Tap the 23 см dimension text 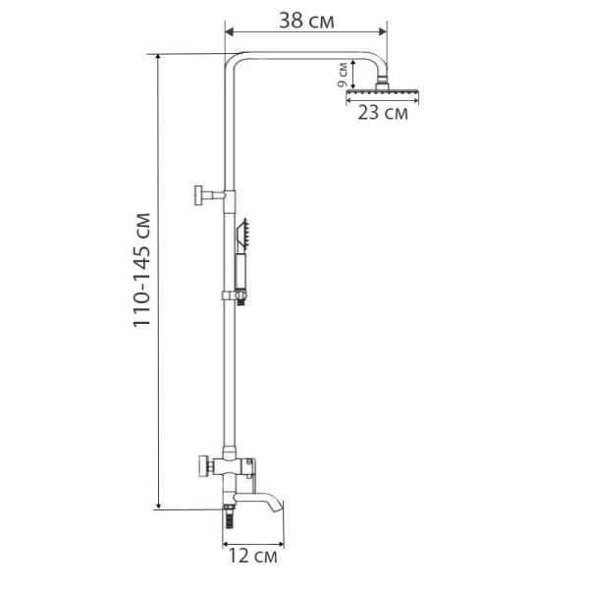pyautogui.click(x=382, y=113)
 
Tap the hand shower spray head pyautogui.click(x=245, y=233)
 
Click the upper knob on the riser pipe pyautogui.click(x=200, y=194)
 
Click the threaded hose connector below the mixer pyautogui.click(x=229, y=511)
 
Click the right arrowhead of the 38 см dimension pyautogui.click(x=384, y=35)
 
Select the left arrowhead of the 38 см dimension pyautogui.click(x=228, y=35)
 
